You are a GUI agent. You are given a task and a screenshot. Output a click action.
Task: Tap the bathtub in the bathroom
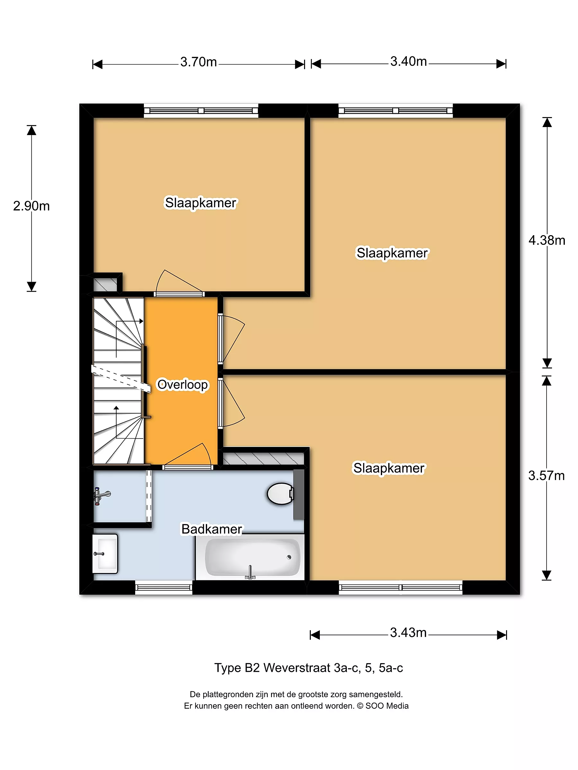(x=250, y=557)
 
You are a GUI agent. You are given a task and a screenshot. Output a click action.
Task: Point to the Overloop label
(x=183, y=385)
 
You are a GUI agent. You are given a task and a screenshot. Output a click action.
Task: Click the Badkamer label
(x=212, y=529)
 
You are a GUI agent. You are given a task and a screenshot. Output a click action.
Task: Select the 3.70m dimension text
(x=198, y=62)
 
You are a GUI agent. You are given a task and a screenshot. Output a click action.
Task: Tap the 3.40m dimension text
(x=408, y=61)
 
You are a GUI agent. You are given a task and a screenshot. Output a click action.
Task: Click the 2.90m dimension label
(x=31, y=206)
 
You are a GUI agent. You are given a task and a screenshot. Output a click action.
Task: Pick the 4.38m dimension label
(x=547, y=240)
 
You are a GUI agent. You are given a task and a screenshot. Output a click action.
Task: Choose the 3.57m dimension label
(x=546, y=475)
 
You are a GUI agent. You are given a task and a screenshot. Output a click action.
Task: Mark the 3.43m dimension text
(x=408, y=632)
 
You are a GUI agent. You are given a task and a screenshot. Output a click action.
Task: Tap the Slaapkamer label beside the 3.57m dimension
(x=389, y=468)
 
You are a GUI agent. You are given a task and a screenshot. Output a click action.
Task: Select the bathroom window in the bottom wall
(x=164, y=587)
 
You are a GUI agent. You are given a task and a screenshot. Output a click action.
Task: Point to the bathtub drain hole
(x=289, y=557)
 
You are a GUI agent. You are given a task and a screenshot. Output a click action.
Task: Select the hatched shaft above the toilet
(x=263, y=458)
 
